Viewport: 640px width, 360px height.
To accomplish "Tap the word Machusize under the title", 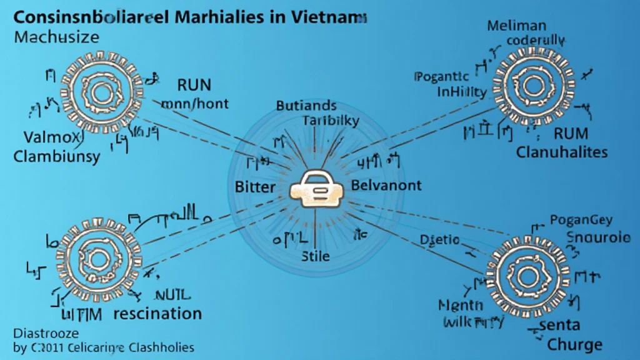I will (56, 37).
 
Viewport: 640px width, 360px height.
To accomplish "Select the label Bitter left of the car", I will (255, 186).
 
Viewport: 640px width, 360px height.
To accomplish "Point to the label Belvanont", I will (386, 186).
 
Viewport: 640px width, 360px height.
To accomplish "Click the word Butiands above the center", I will (306, 106).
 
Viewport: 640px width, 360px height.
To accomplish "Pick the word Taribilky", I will (331, 121).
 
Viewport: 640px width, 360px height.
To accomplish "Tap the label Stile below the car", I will (316, 256).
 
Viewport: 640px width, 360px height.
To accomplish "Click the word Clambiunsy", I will (56, 157).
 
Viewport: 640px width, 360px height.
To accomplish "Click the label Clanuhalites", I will (562, 152).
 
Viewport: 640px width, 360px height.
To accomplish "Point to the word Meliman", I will (516, 26).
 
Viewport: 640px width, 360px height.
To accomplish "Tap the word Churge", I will (574, 344).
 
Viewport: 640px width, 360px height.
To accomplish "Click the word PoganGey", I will (581, 219).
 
